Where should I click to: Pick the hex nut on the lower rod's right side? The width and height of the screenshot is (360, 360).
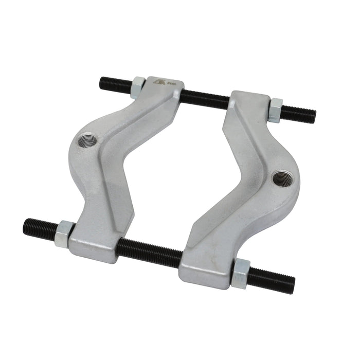240,273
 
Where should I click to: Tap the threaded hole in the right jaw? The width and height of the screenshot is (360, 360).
280,178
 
